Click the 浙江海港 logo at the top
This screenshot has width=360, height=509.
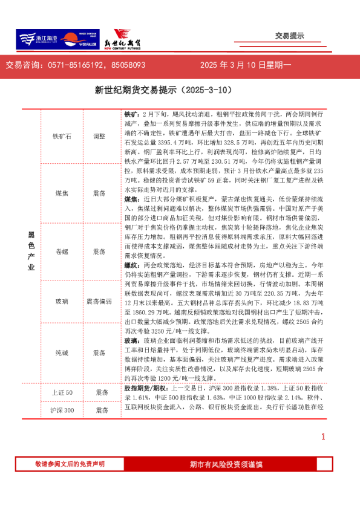click(x=36, y=40)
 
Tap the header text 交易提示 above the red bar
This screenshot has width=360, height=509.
click(x=289, y=36)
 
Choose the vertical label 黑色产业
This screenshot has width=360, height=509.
click(x=31, y=251)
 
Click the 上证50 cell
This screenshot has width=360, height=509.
click(x=62, y=393)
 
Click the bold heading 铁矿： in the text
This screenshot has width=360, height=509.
click(x=131, y=114)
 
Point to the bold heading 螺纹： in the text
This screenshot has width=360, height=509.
click(x=131, y=265)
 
